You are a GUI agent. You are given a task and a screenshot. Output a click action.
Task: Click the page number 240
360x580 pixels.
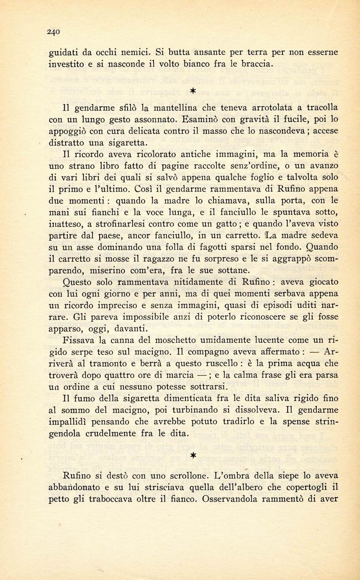(x=54, y=31)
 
